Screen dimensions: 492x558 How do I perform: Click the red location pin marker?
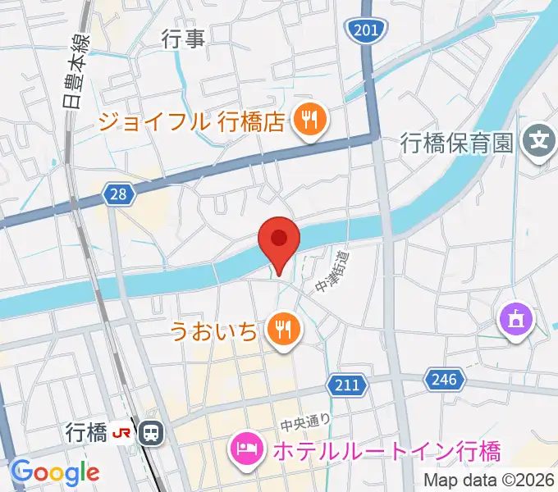coord(279,240)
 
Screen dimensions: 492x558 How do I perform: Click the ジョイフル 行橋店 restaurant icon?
coord(310,121)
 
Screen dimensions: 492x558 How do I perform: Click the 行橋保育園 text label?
coord(458,143)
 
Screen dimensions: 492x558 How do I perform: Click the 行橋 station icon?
coord(151,431)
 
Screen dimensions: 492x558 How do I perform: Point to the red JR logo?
coord(123,431)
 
